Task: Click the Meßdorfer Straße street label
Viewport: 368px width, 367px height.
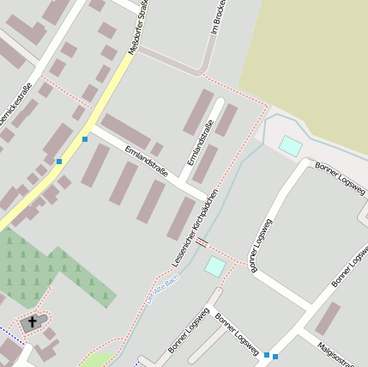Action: (x=138, y=28)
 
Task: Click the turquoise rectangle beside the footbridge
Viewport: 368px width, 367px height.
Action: (x=214, y=266)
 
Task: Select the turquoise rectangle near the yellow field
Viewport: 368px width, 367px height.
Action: (x=291, y=145)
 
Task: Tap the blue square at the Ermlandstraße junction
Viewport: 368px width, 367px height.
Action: (x=85, y=138)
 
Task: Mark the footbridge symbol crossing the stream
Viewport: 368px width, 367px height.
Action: (x=202, y=242)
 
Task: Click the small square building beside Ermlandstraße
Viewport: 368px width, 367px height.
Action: (x=157, y=149)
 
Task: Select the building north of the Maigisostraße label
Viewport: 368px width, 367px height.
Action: (x=327, y=318)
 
